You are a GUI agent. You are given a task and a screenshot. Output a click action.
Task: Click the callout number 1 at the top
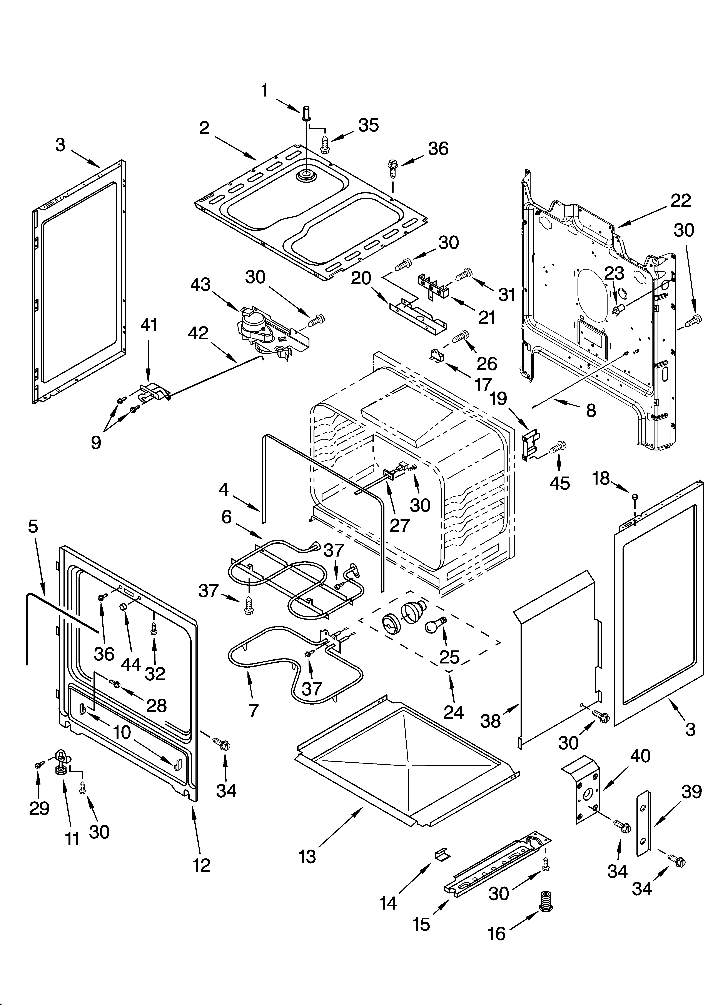[x=264, y=91]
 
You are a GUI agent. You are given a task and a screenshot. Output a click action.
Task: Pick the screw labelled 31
[x=463, y=275]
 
